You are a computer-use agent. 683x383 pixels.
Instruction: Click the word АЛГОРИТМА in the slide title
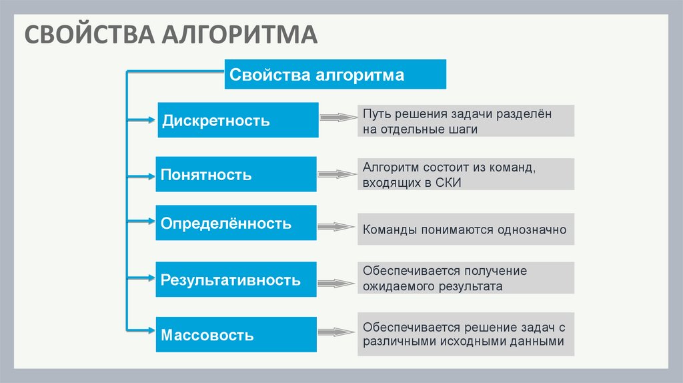click(x=239, y=35)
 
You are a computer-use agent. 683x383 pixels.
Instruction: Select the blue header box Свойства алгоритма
click(x=335, y=74)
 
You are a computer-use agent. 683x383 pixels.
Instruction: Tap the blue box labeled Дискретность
click(x=238, y=120)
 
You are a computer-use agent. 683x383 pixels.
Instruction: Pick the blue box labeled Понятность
click(x=236, y=174)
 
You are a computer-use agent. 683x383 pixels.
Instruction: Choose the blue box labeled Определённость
click(x=236, y=223)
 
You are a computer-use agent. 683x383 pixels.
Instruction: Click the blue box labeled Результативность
click(x=236, y=280)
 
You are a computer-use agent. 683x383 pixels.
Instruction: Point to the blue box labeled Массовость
click(x=236, y=334)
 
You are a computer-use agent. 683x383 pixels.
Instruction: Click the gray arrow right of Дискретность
click(x=338, y=117)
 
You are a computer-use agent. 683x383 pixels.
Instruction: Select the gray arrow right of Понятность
click(x=337, y=174)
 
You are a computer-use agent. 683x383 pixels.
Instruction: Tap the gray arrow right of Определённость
click(x=336, y=227)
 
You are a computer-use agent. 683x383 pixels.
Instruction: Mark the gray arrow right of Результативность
click(x=336, y=284)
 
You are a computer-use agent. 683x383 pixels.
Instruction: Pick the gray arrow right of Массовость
click(x=336, y=332)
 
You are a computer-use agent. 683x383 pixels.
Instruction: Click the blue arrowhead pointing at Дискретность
click(x=151, y=120)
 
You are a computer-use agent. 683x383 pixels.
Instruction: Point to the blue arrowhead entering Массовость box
click(x=151, y=330)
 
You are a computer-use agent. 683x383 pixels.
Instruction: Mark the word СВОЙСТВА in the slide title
click(x=89, y=35)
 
